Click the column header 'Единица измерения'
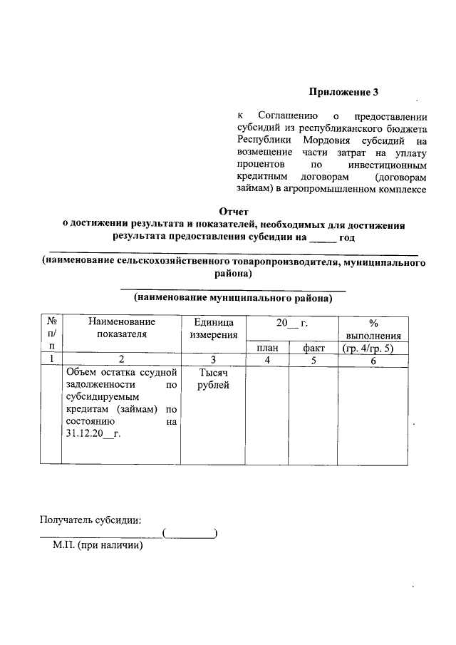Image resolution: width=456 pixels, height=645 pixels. tap(213, 329)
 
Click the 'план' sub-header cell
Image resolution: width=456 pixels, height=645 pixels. tap(267, 348)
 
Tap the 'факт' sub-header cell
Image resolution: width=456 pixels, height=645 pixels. tap(313, 348)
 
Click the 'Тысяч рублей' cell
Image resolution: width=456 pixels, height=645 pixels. tap(213, 379)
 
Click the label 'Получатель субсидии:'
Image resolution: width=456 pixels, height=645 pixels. tap(91, 519)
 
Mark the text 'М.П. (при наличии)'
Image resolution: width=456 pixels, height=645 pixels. tap(98, 546)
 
